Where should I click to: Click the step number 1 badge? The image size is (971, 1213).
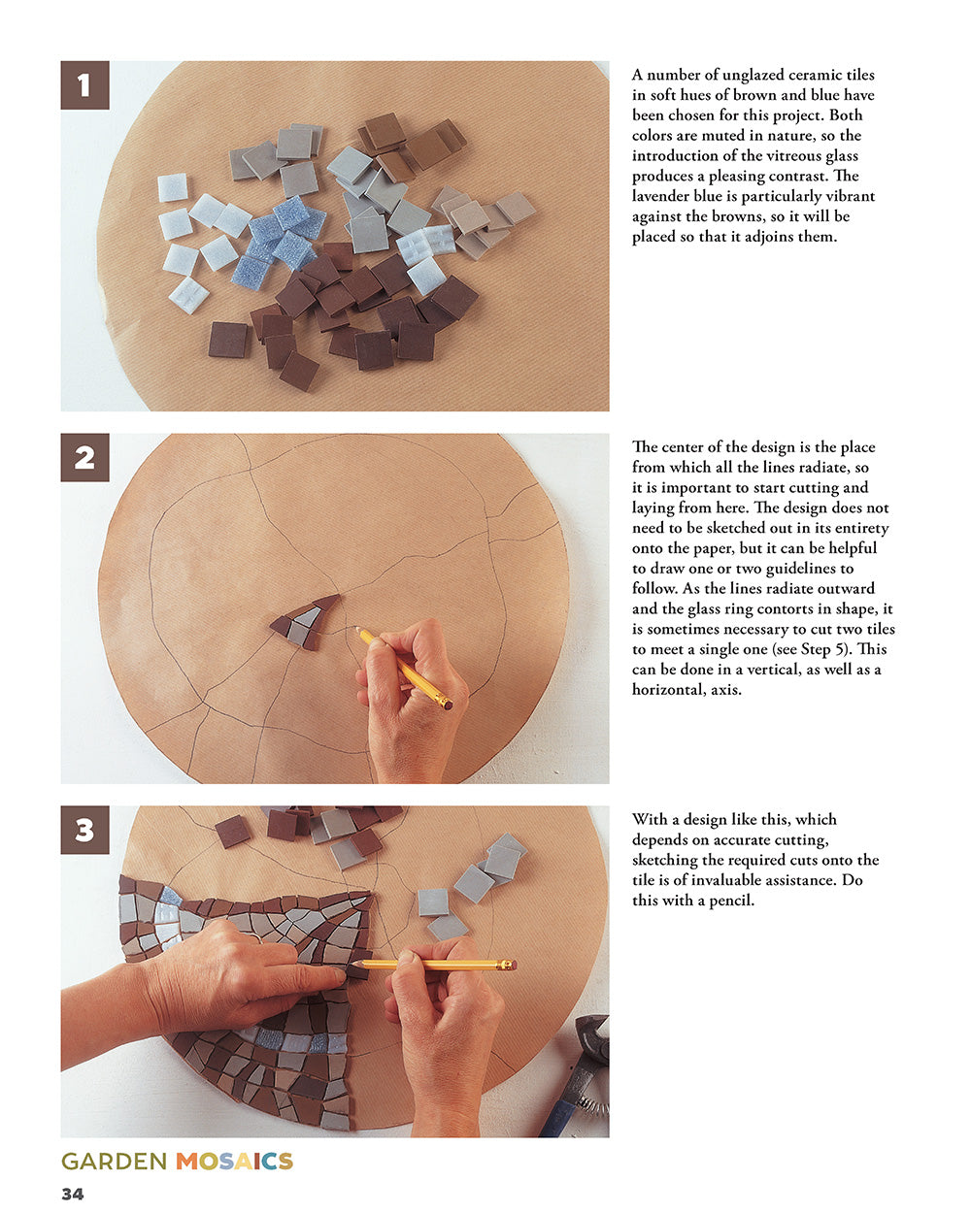(84, 85)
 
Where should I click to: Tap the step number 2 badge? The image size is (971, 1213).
(84, 457)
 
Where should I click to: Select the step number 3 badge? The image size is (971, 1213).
(84, 830)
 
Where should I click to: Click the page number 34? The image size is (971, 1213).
(73, 1194)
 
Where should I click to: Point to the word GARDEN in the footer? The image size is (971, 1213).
(114, 1162)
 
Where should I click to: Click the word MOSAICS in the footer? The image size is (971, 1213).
(234, 1162)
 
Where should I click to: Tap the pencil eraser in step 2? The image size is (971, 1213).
(447, 704)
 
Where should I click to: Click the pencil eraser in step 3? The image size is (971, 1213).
(510, 965)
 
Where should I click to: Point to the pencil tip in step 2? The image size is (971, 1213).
(356, 629)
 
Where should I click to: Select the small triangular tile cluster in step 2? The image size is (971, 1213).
(305, 622)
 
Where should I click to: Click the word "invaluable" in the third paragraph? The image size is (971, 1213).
(739, 880)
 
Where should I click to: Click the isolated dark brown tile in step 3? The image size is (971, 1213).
(232, 831)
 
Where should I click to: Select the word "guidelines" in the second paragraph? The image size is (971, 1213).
(794, 569)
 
